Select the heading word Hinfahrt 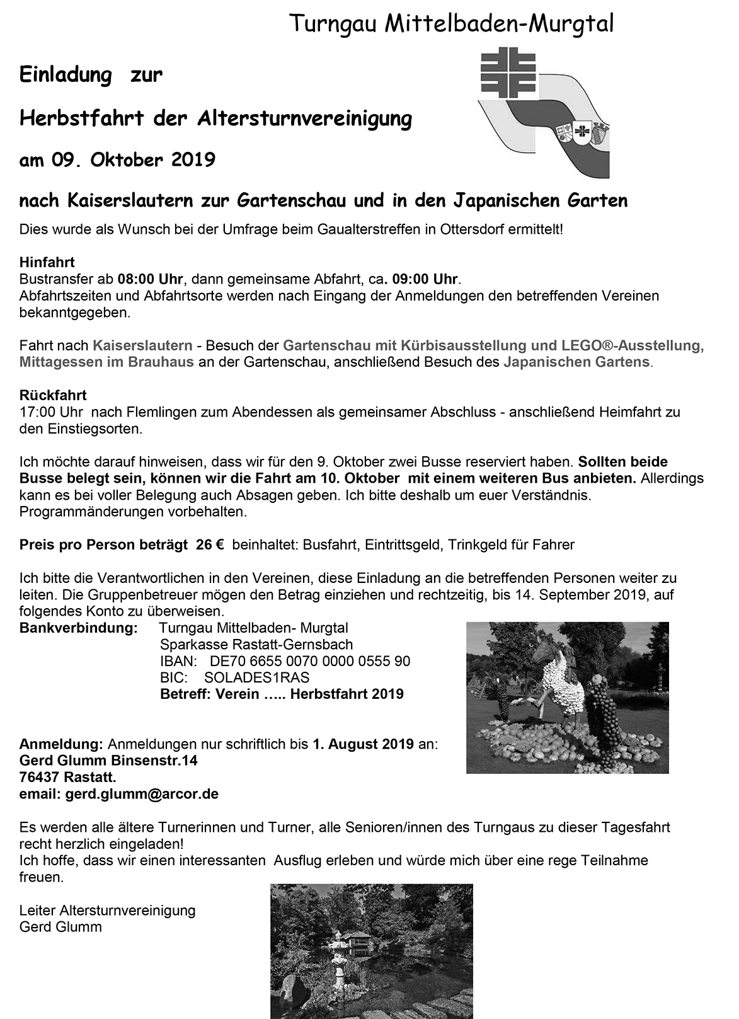pos(47,262)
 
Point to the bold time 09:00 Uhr pos(425,279)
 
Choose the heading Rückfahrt pos(53,395)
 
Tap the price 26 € pos(210,544)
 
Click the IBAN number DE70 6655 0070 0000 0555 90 pos(309,661)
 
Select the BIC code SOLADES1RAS pos(257,677)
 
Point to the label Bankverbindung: pos(79,628)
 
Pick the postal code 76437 pos(39,777)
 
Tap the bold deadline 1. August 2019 pos(363,744)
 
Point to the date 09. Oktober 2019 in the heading pos(134,159)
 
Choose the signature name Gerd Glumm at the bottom pos(60,926)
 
